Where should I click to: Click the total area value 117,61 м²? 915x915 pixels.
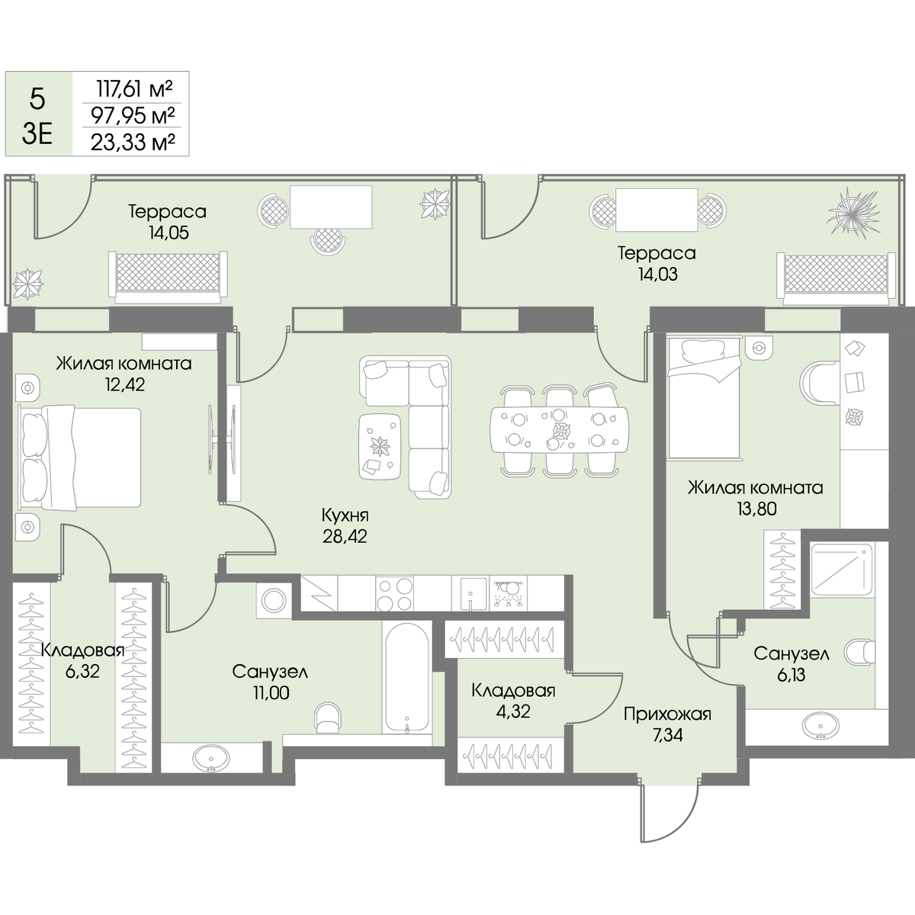(134, 88)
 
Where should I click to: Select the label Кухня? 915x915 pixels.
(345, 515)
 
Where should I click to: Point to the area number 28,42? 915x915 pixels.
(345, 537)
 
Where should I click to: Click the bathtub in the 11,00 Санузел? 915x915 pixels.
(407, 679)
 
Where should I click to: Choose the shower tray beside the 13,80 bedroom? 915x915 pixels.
(842, 569)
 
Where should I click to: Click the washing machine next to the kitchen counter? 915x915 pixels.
(274, 600)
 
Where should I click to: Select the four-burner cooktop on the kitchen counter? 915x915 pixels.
(394, 593)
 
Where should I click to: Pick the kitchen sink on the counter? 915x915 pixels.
(469, 593)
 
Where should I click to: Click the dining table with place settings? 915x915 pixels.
(560, 430)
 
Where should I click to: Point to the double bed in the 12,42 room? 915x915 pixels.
(80, 457)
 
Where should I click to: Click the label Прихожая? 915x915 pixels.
(667, 714)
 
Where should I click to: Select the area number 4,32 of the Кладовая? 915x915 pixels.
(513, 711)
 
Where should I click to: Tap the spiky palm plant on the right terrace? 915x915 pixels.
(853, 213)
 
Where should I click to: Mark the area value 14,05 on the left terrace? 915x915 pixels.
(167, 233)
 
